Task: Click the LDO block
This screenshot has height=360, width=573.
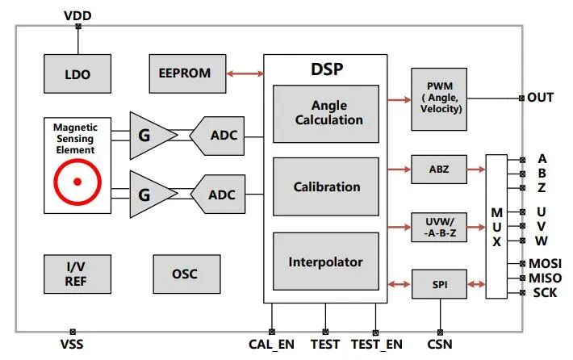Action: click(x=77, y=74)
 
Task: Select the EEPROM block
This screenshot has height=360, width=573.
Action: click(x=187, y=73)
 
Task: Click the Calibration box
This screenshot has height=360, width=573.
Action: click(x=326, y=186)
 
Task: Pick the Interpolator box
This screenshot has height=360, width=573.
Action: click(x=326, y=262)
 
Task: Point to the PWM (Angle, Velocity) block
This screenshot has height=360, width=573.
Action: click(x=439, y=98)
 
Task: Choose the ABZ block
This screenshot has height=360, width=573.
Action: click(x=439, y=170)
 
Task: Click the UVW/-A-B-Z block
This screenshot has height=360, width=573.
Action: click(x=439, y=227)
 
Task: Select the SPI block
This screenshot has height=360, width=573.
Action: click(x=439, y=283)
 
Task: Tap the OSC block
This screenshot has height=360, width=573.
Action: click(x=186, y=274)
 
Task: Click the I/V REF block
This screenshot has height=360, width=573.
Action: click(x=77, y=274)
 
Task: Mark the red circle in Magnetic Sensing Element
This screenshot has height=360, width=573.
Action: click(x=77, y=182)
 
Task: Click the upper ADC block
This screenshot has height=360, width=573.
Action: click(x=219, y=134)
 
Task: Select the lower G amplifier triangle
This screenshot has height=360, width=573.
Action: click(x=151, y=194)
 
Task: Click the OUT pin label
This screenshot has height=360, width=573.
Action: click(x=541, y=98)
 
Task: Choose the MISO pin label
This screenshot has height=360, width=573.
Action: click(x=546, y=278)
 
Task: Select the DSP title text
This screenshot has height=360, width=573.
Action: click(x=326, y=69)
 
